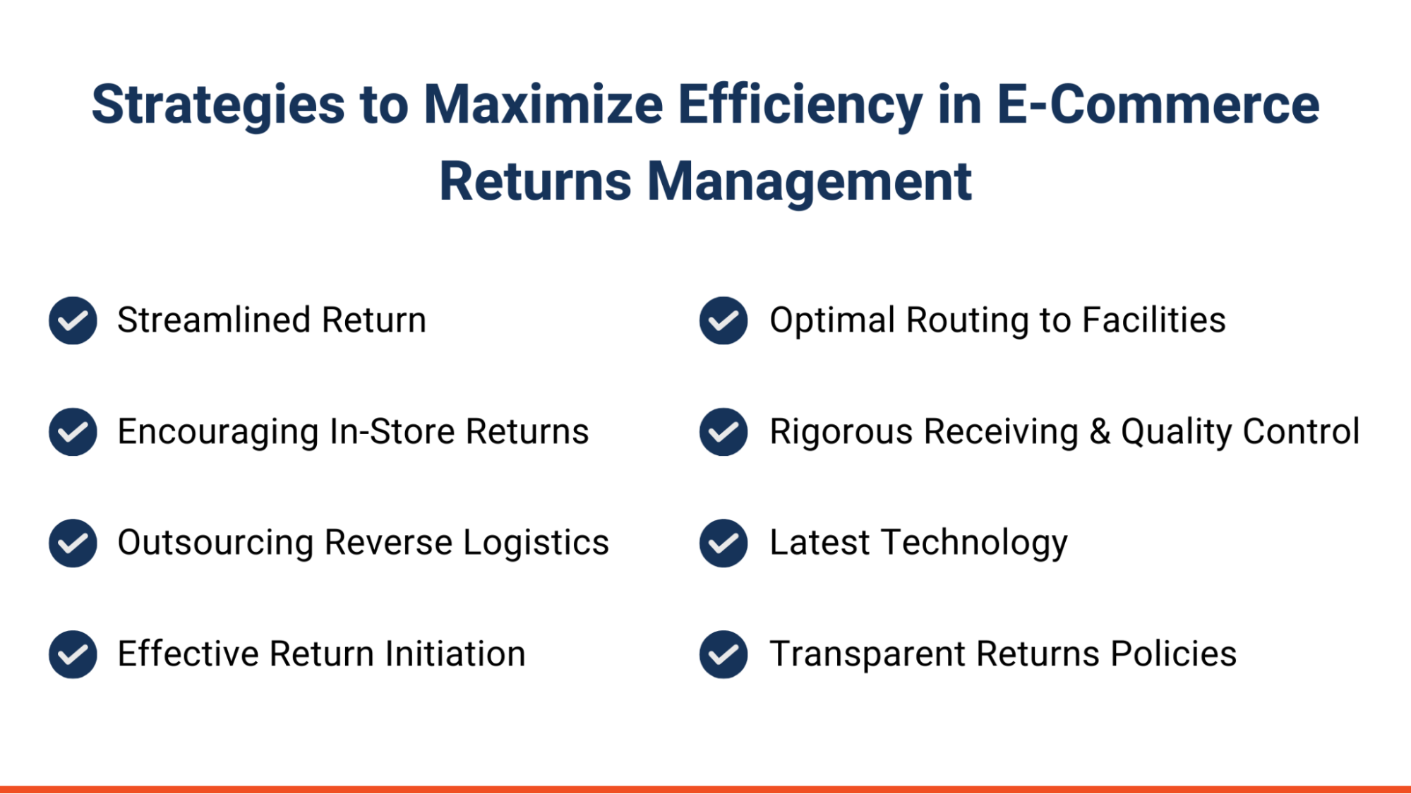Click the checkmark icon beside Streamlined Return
click(73, 320)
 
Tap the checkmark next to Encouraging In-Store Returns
click(73, 432)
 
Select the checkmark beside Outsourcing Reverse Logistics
click(73, 543)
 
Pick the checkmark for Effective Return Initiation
click(73, 654)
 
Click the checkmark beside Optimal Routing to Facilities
click(723, 320)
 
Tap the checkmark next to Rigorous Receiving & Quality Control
click(723, 432)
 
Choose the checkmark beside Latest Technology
click(723, 543)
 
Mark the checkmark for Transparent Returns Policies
click(723, 654)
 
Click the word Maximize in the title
click(543, 104)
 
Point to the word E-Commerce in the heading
click(1158, 104)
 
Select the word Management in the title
click(809, 181)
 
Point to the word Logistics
click(536, 543)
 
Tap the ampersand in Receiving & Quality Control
click(1100, 431)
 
